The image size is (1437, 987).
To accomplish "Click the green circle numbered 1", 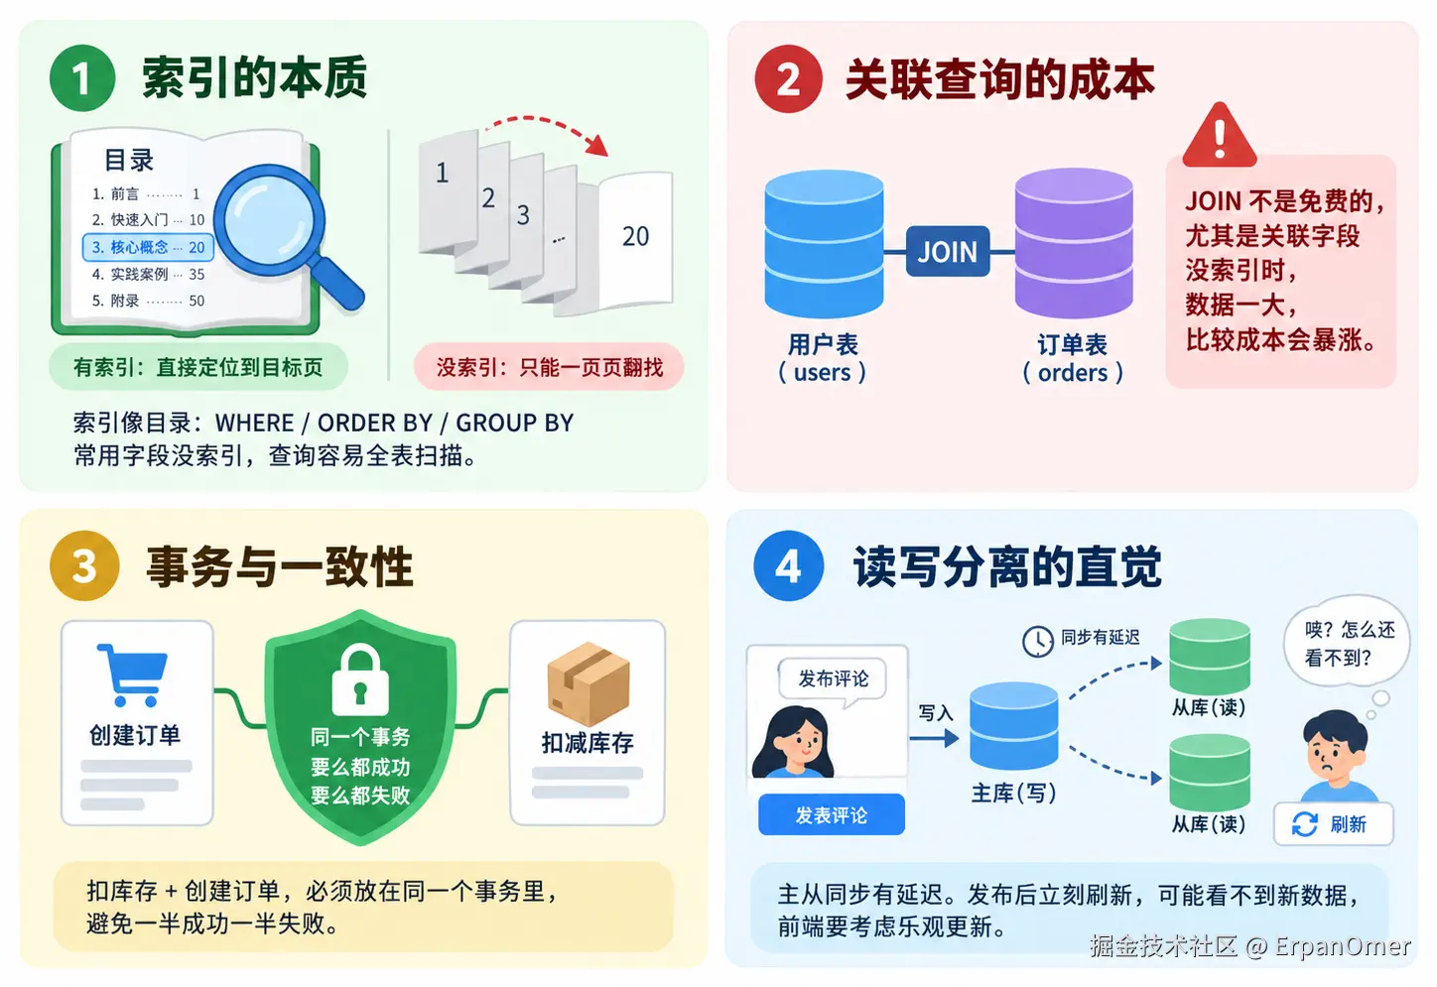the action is pyautogui.click(x=82, y=78).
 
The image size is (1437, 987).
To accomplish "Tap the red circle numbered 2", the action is pyautogui.click(x=788, y=79).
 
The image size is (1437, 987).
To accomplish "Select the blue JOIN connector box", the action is pyautogui.click(x=948, y=251).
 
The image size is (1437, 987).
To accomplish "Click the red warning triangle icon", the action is pyautogui.click(x=1219, y=136).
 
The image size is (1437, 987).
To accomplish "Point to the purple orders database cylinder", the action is pyautogui.click(x=1073, y=243).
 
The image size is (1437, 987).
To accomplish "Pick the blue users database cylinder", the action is pyautogui.click(x=824, y=244).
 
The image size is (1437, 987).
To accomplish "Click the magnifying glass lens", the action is pyautogui.click(x=270, y=221).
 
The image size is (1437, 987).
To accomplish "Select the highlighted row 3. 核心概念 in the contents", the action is pyautogui.click(x=148, y=248).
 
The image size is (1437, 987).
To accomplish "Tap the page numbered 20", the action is pyautogui.click(x=635, y=239).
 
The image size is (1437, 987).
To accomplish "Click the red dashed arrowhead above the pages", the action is pyautogui.click(x=597, y=146).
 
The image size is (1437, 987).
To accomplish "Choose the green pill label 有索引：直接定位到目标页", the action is pyautogui.click(x=198, y=367).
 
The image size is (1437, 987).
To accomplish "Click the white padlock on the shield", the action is pyautogui.click(x=360, y=679).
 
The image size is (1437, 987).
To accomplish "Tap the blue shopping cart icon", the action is pyautogui.click(x=132, y=675).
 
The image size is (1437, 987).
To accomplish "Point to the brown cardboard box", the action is pyautogui.click(x=588, y=683).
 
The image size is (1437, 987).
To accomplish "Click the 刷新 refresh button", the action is pyautogui.click(x=1333, y=823).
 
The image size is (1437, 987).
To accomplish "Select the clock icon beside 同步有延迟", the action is pyautogui.click(x=1037, y=642).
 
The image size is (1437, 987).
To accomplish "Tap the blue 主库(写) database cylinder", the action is pyautogui.click(x=1013, y=726).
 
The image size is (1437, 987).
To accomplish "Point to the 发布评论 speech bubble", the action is pyautogui.click(x=833, y=679).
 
